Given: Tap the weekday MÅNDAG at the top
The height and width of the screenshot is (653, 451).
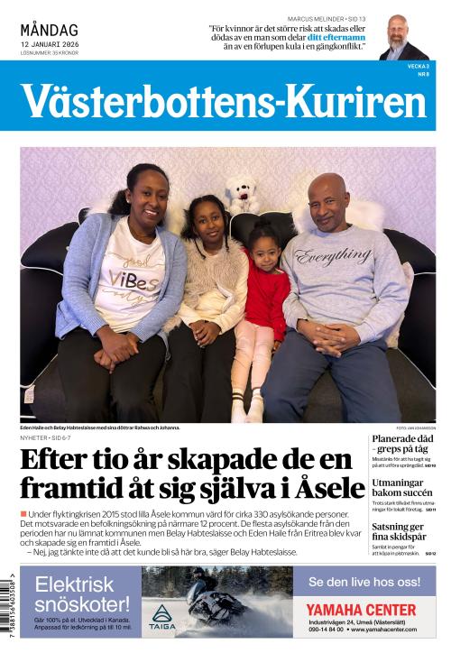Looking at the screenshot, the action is click(49, 31).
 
